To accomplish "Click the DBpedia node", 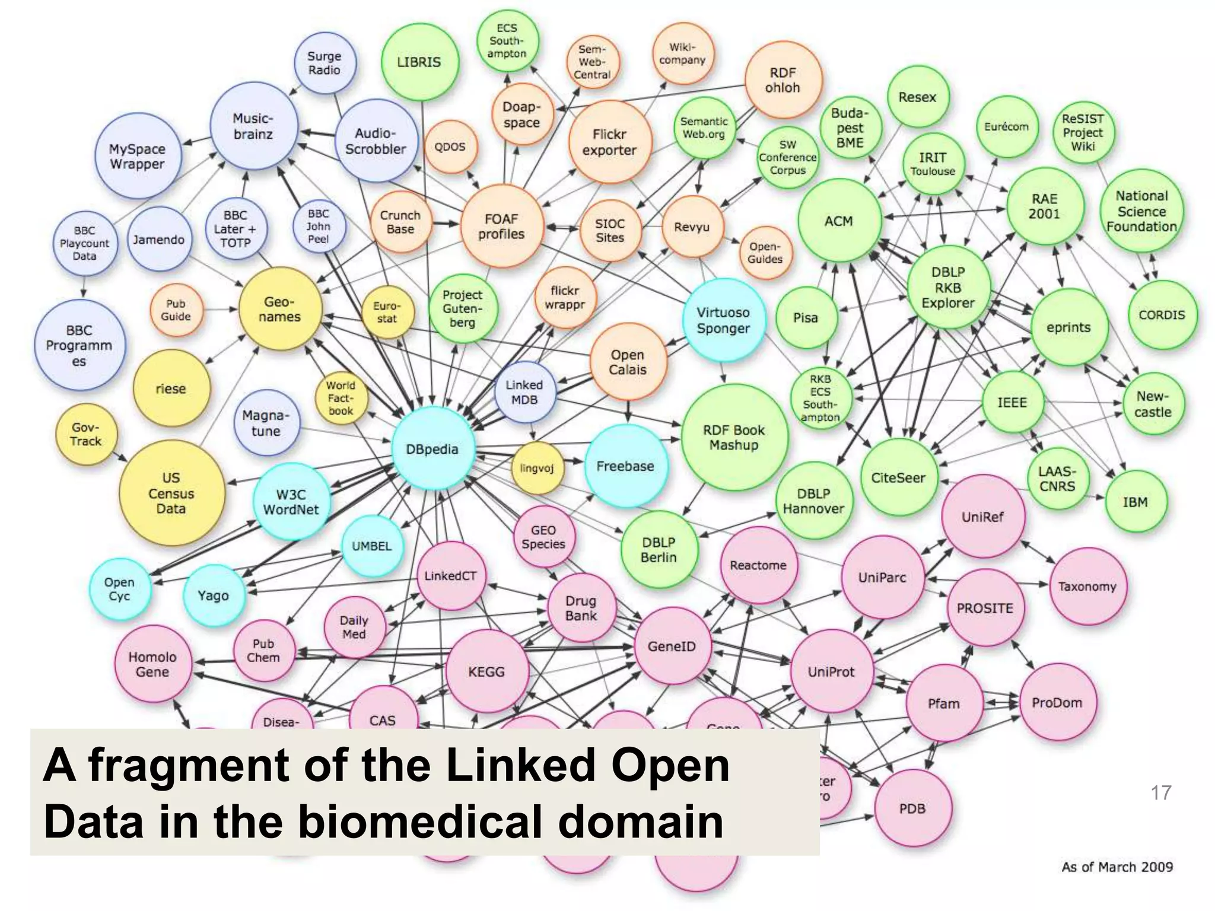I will point(432,449).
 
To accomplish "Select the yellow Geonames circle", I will point(280,309).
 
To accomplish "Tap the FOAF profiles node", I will point(502,227).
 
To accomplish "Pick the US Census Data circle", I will point(171,493).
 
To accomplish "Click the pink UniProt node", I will point(831,671).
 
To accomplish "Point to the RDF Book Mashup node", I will point(734,438).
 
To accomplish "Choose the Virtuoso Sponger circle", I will point(723,320).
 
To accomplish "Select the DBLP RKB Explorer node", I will point(948,287).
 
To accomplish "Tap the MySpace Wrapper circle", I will point(137,156).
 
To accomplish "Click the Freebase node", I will point(625,466).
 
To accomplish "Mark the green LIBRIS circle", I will point(419,62).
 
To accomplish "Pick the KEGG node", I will point(486,671).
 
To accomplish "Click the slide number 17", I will point(1161,792).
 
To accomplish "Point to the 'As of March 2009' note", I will point(1117,867).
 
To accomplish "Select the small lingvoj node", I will point(537,468).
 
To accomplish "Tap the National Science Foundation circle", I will point(1141,211).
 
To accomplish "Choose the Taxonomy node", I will point(1087,587).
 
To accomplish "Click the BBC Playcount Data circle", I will point(84,243).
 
